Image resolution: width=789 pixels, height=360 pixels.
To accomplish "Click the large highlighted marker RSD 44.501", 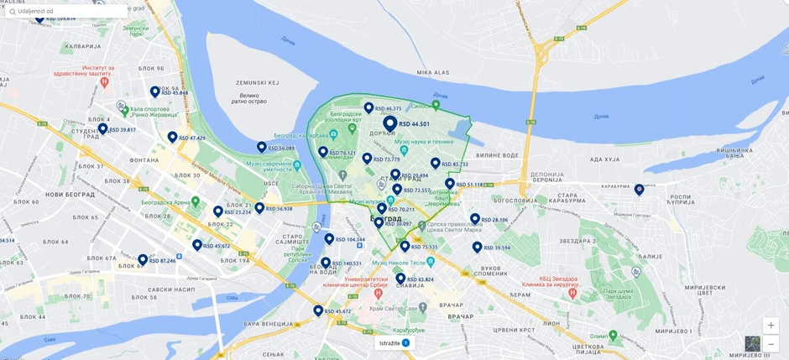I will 390,124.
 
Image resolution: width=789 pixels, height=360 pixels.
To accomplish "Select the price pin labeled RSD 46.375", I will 368,107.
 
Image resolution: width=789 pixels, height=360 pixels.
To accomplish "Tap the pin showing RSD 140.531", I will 326,263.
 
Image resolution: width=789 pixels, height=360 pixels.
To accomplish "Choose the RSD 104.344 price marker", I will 329,238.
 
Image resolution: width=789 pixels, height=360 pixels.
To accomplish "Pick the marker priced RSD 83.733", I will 435,163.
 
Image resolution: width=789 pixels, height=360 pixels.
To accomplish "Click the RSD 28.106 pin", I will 475,219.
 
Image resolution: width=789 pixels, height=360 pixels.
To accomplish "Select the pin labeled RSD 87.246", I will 143,259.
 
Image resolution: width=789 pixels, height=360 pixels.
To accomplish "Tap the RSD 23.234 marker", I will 218,211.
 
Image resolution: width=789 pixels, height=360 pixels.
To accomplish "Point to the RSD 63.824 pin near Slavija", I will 400,279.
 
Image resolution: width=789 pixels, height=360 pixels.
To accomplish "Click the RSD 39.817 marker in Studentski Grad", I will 102,129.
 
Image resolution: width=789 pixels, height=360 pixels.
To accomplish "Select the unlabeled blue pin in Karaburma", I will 639,190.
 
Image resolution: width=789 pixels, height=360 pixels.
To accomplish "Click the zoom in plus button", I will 771,326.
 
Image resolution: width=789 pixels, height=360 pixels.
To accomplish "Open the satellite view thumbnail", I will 752,343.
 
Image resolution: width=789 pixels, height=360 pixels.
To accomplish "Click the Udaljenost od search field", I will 67,11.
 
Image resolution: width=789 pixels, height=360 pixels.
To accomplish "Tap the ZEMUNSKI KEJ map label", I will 257,83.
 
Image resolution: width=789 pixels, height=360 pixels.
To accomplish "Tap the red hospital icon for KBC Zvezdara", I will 572,294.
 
